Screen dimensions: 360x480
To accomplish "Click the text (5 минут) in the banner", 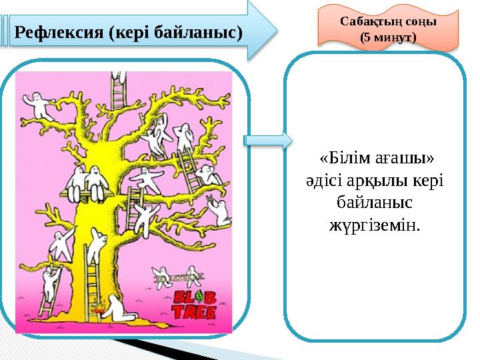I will (388, 37).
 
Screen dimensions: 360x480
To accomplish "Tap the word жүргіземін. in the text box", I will (375, 225).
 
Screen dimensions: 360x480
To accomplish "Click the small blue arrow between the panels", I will (268, 141).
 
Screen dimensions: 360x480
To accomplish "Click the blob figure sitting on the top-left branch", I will (37, 107).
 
